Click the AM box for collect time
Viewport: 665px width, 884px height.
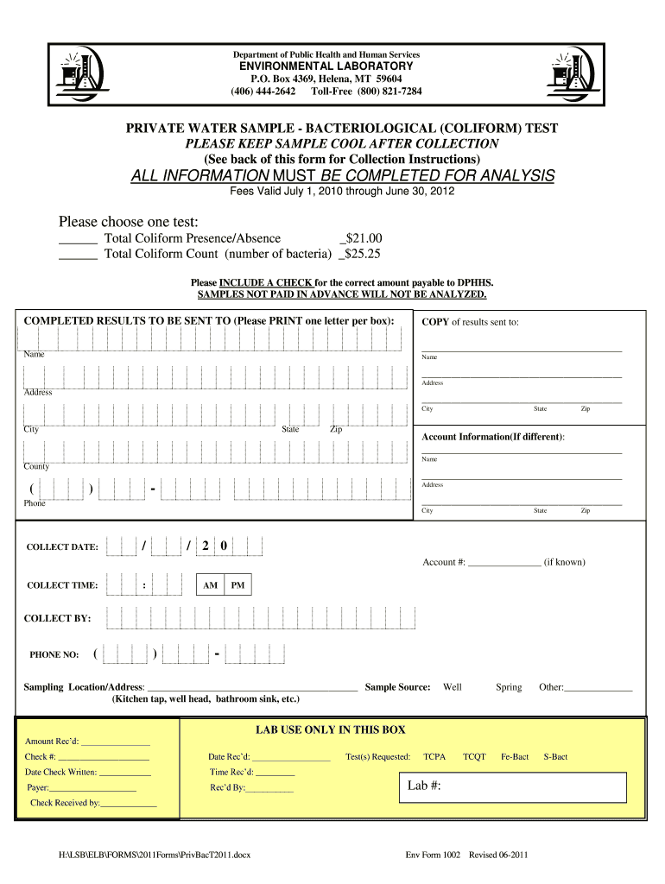pos(210,585)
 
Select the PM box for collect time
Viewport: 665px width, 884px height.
pos(237,585)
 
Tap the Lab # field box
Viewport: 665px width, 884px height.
pos(516,786)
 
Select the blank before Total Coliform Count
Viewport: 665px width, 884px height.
pos(78,256)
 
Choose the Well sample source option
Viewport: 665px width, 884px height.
pos(452,687)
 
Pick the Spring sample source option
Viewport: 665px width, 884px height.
pos(509,687)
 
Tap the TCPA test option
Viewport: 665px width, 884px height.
pos(434,756)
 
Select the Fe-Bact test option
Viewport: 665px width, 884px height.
pos(514,756)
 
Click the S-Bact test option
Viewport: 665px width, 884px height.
pos(555,756)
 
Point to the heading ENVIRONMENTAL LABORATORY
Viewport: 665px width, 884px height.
pos(332,66)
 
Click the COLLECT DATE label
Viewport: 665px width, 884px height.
pos(62,547)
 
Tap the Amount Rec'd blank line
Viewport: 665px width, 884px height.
pos(115,742)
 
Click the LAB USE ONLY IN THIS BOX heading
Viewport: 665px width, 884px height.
pos(331,730)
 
